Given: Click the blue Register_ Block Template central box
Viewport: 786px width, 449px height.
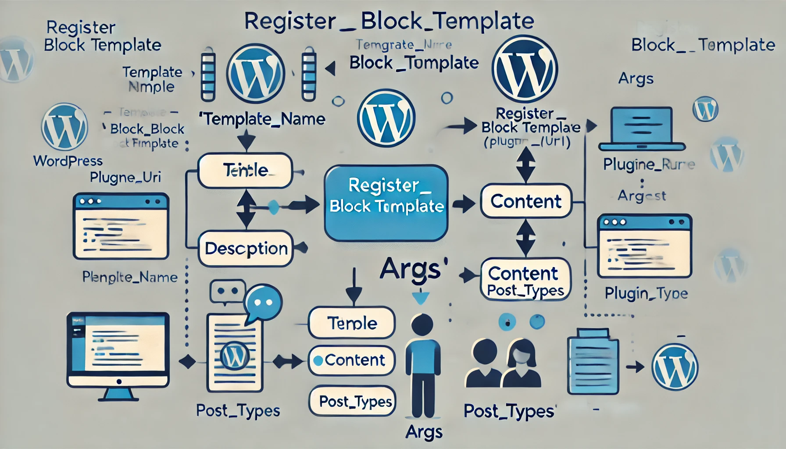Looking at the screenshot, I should pyautogui.click(x=386, y=203).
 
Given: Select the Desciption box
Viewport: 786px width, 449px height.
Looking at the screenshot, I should pyautogui.click(x=246, y=249).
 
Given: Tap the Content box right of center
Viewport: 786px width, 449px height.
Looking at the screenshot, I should pyautogui.click(x=526, y=201).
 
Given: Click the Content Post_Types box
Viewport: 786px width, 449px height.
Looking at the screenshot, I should pyautogui.click(x=525, y=280).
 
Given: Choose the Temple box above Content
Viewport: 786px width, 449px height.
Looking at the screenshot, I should pyautogui.click(x=352, y=323).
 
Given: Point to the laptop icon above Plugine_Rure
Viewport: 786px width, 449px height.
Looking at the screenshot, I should pyautogui.click(x=641, y=129).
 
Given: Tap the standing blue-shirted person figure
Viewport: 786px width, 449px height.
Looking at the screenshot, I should pyautogui.click(x=422, y=364).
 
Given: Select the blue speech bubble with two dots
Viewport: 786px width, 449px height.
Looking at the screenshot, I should pyautogui.click(x=263, y=303).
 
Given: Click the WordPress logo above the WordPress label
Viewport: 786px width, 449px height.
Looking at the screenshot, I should pyautogui.click(x=64, y=127).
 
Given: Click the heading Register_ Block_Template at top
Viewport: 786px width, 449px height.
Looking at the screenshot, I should pyautogui.click(x=389, y=21).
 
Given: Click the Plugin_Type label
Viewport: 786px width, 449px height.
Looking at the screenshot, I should pyautogui.click(x=646, y=293).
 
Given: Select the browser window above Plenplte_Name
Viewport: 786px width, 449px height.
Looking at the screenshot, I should pyautogui.click(x=121, y=226).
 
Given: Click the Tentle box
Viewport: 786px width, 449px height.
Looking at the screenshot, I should pyautogui.click(x=245, y=170).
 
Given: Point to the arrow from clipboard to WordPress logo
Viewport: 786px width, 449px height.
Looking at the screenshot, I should pyautogui.click(x=635, y=367).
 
